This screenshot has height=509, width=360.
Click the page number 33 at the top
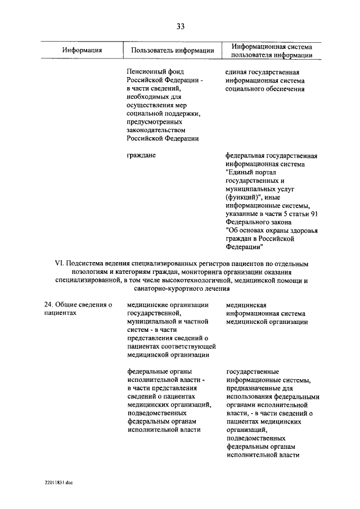click(x=180, y=26)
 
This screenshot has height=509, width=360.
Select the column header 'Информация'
click(x=82, y=51)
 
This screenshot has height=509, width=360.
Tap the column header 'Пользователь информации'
click(x=173, y=51)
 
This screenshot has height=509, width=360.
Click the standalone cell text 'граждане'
click(x=141, y=155)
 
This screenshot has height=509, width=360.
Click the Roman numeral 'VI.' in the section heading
click(x=59, y=263)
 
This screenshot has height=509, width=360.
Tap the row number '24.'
click(x=49, y=305)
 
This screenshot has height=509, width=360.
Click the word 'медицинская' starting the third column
click(x=246, y=305)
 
